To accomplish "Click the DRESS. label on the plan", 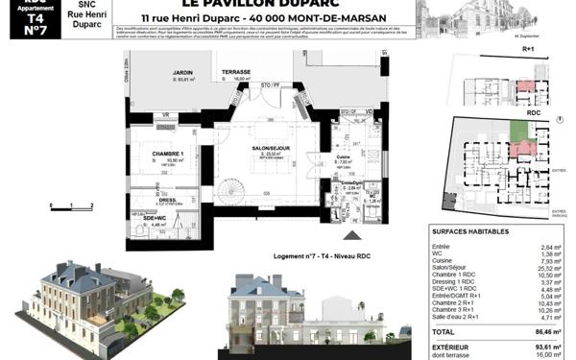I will [169, 200].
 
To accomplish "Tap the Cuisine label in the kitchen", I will [342, 156].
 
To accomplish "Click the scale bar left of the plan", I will [72, 205].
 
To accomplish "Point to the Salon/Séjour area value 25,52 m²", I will [548, 268].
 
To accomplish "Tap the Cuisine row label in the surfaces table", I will [444, 260].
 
